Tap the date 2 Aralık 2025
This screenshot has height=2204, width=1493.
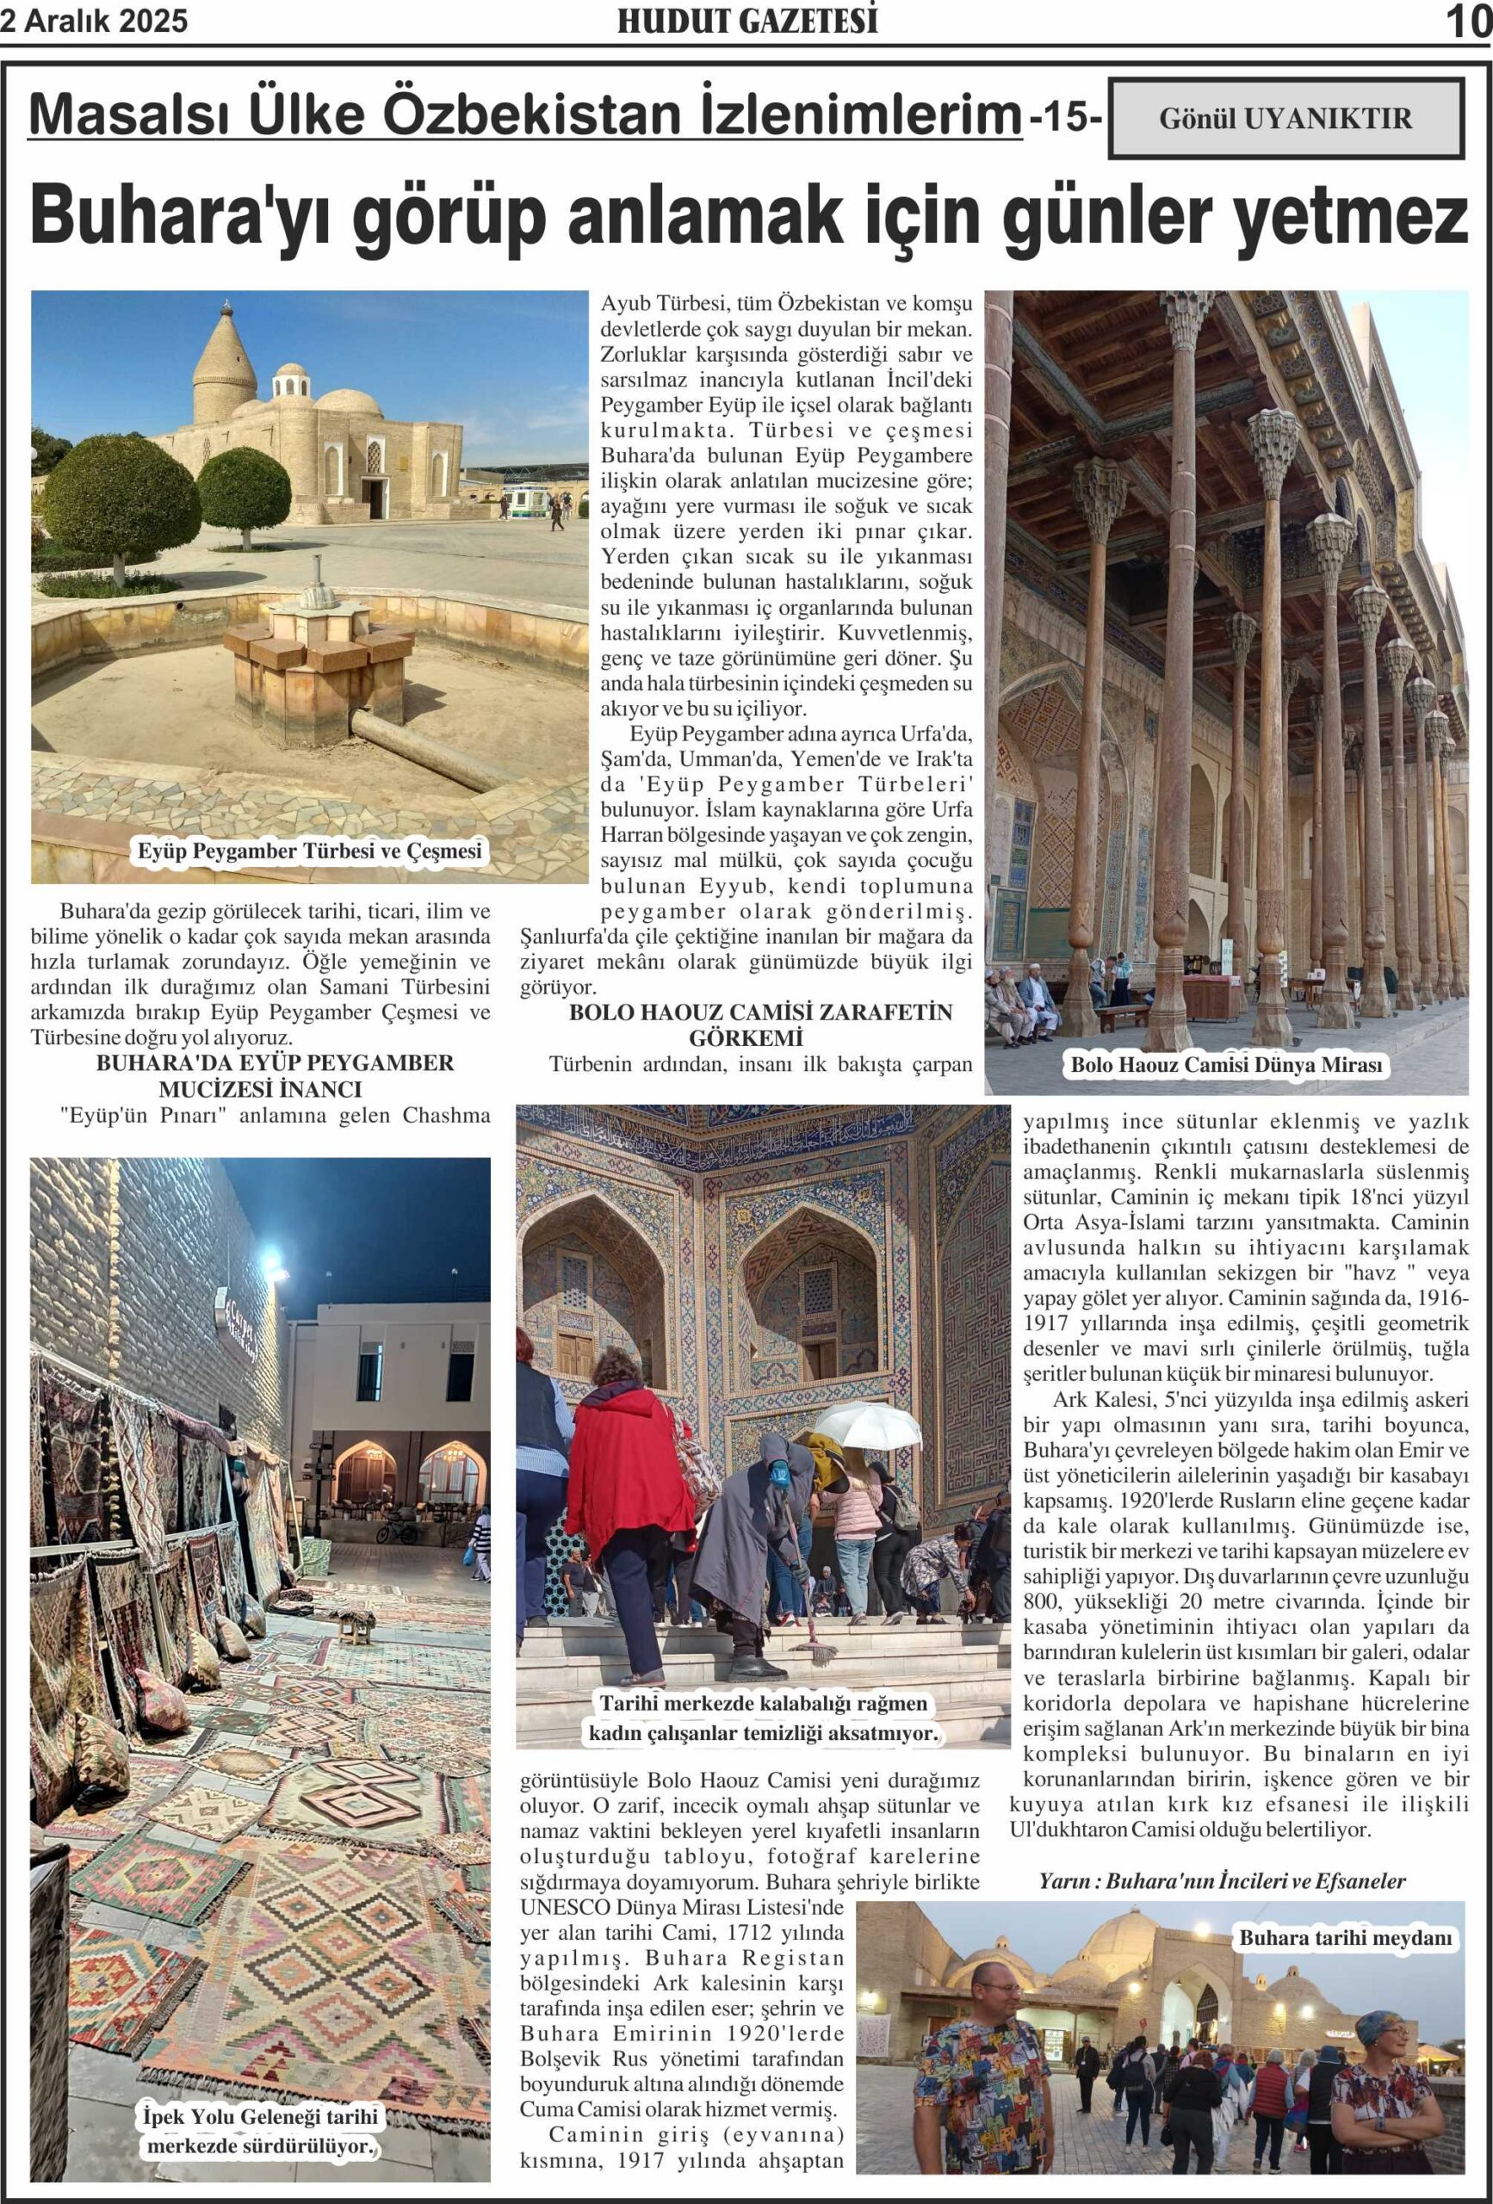pos(94,21)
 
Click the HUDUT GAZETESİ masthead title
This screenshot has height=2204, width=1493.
pos(746,21)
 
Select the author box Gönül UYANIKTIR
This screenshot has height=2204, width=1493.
pos(1285,119)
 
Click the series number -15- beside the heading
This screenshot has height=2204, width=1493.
pos(1066,118)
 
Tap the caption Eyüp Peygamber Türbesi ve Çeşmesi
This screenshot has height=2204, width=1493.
pos(309,851)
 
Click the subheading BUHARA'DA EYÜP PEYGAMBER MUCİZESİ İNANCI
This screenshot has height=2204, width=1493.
pos(274,1075)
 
